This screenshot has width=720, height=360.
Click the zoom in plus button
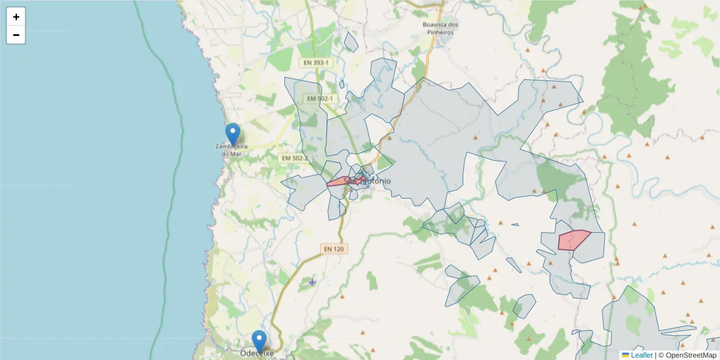pyautogui.click(x=16, y=17)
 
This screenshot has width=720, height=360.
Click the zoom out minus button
pyautogui.click(x=16, y=35)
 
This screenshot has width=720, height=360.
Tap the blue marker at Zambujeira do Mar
pyautogui.click(x=232, y=134)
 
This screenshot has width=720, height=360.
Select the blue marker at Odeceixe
pyautogui.click(x=259, y=341)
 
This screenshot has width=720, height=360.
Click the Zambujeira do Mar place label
pyautogui.click(x=232, y=150)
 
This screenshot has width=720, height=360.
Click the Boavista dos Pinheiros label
pyautogui.click(x=440, y=28)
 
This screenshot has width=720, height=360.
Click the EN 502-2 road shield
pyautogui.click(x=294, y=158)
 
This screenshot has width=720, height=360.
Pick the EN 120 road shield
pyautogui.click(x=335, y=248)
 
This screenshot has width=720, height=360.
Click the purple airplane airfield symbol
pyautogui.click(x=312, y=281)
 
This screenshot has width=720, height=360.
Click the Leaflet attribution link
pyautogui.click(x=641, y=355)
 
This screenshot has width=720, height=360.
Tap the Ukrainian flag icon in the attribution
pyautogui.click(x=625, y=355)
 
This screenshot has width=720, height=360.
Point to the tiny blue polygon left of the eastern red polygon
pyautogui.click(x=515, y=225)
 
